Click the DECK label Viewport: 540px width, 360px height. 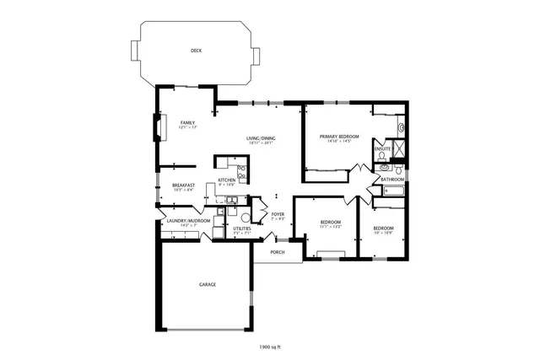click(196, 51)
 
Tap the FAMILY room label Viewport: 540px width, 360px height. click(187, 123)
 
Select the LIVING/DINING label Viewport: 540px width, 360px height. click(261, 137)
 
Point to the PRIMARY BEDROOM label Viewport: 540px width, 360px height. click(337, 136)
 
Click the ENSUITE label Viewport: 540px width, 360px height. click(381, 149)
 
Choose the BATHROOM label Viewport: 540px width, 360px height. click(392, 180)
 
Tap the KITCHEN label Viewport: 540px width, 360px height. click(227, 180)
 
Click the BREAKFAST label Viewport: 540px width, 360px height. click(184, 185)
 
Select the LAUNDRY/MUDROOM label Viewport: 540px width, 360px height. click(188, 221)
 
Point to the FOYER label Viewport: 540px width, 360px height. click(277, 214)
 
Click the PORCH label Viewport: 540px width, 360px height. click(277, 252)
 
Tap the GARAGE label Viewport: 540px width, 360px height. click(207, 284)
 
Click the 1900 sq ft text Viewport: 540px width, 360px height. click(269, 347)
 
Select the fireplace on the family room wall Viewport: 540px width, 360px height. click(154, 126)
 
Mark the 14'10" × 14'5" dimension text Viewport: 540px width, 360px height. click(337, 141)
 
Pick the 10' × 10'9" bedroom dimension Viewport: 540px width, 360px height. click(384, 232)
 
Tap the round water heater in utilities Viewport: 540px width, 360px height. click(246, 218)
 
